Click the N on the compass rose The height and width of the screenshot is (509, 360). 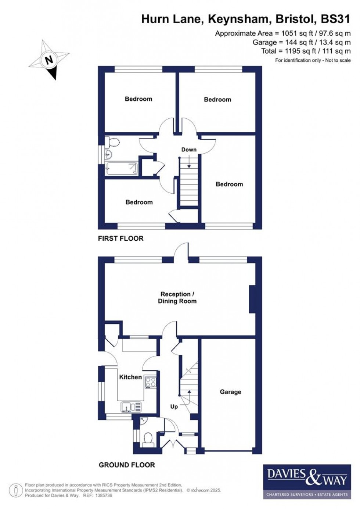point(49,60)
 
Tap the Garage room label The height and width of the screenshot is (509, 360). point(230,392)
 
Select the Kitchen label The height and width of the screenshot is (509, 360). point(130,377)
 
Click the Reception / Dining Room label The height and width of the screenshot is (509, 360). point(177,298)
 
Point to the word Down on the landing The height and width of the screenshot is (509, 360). point(189,150)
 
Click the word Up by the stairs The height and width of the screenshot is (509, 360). point(174,406)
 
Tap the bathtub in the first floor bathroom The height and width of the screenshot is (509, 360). point(121,169)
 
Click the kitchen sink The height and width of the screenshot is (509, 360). point(131,407)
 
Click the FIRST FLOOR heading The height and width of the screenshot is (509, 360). point(120,239)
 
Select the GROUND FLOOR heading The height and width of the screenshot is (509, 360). point(127,465)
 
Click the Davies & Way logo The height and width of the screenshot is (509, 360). point(305,481)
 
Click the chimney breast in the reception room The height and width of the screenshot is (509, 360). point(252,299)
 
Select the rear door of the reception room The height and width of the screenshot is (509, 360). point(181,253)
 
